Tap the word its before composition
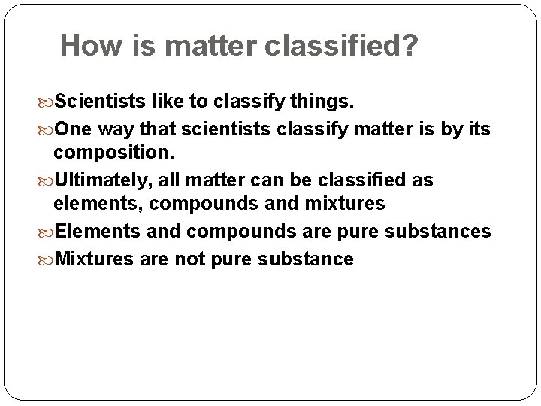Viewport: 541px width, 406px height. (478, 129)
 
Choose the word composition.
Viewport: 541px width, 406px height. (113, 153)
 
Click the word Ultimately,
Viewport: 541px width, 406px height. (101, 180)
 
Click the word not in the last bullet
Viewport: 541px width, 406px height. (190, 259)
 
